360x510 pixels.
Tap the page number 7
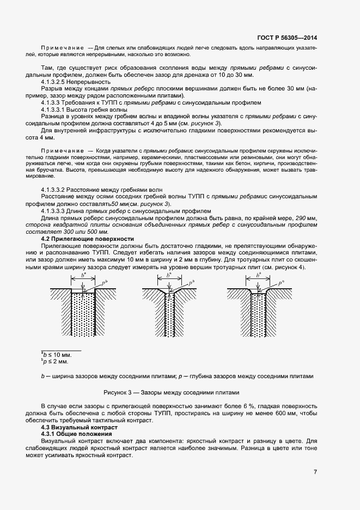(315, 472)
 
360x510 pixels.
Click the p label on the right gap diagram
(280, 283)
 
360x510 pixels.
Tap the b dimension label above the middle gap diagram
(169, 276)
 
